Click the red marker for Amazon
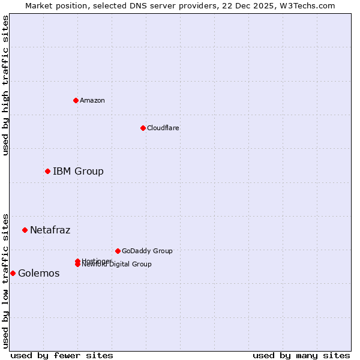(x=76, y=100)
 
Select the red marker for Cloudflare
(x=143, y=128)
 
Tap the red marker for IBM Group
(x=47, y=172)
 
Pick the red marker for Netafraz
(x=25, y=230)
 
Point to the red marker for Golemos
(x=13, y=273)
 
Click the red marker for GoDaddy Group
(x=118, y=251)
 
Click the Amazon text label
(x=92, y=100)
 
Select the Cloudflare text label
(x=163, y=128)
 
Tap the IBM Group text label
(x=78, y=172)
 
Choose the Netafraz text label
(x=50, y=230)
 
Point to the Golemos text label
(x=38, y=273)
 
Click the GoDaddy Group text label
(x=146, y=251)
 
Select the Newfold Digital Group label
(x=116, y=264)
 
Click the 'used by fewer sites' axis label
(x=62, y=355)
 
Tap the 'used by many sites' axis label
(x=301, y=355)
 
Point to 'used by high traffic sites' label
(x=5, y=85)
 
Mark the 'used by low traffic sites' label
(x=5, y=280)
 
